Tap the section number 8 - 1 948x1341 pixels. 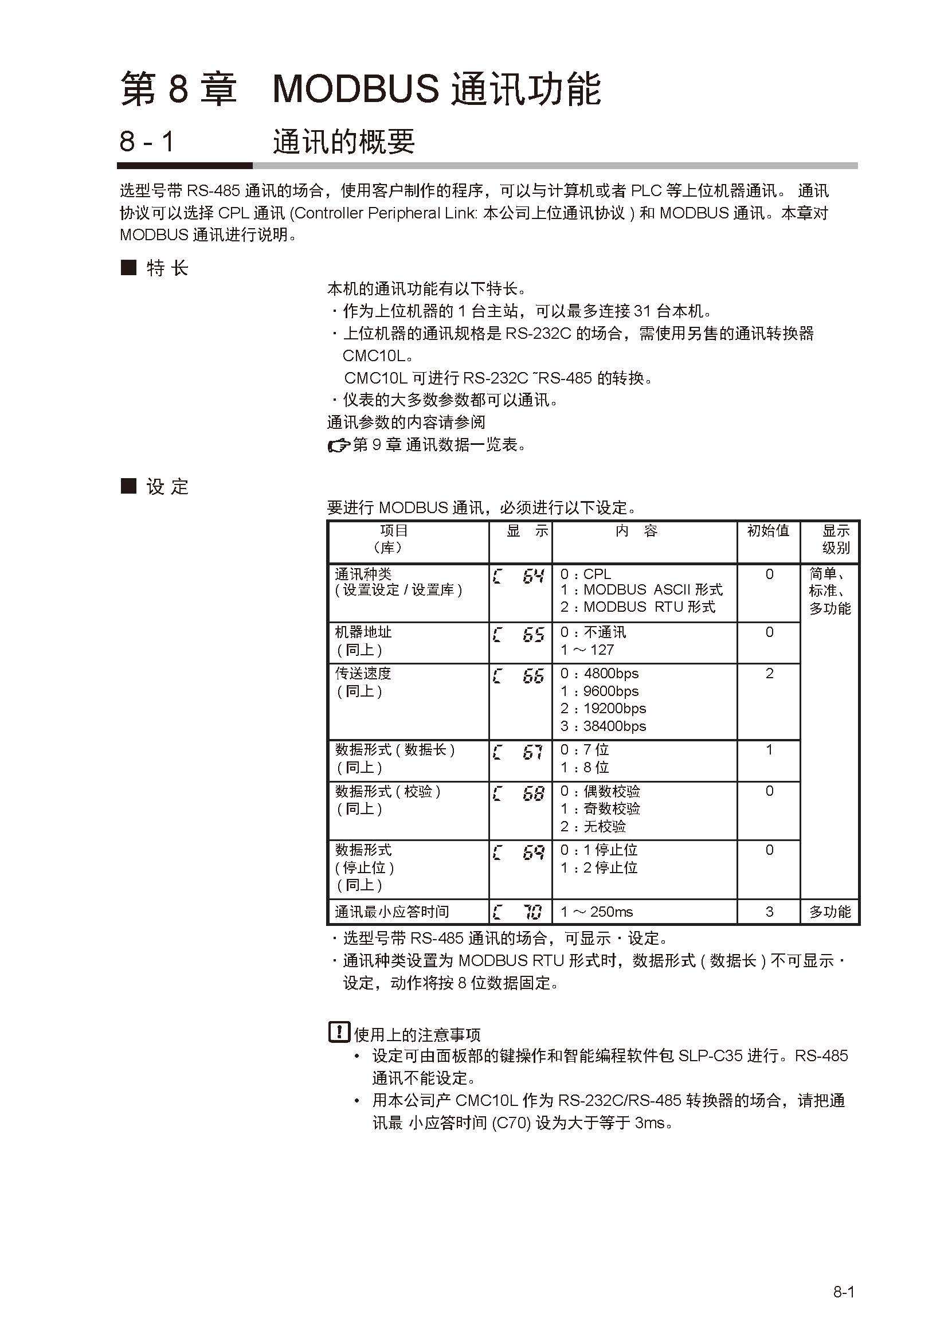click(147, 142)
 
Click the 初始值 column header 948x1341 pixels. click(768, 531)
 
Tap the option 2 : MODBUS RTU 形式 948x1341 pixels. click(637, 607)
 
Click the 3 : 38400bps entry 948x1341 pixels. click(603, 726)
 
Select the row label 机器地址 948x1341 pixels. click(363, 632)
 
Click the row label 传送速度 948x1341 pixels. click(363, 674)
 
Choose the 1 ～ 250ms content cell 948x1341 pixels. click(597, 912)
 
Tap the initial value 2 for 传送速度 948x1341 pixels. click(769, 674)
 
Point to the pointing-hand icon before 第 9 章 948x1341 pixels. click(338, 446)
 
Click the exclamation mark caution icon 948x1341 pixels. click(339, 1033)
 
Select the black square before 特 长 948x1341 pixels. click(128, 268)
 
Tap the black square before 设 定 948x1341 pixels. click(128, 486)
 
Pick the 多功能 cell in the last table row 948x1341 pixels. click(829, 912)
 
